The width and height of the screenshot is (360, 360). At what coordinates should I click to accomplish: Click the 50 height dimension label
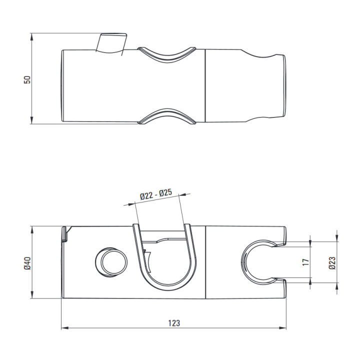27,79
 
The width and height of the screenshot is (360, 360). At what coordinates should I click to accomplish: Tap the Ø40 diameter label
27,263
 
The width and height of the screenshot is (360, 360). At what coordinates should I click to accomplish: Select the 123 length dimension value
174,323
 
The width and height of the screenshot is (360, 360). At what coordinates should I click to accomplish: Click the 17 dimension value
306,262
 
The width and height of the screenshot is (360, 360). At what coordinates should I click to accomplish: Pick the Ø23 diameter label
332,263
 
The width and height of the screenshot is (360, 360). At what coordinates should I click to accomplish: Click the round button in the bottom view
111,262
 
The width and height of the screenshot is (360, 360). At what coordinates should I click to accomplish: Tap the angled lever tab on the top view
111,43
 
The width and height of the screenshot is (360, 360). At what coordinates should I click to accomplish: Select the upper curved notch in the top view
167,56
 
